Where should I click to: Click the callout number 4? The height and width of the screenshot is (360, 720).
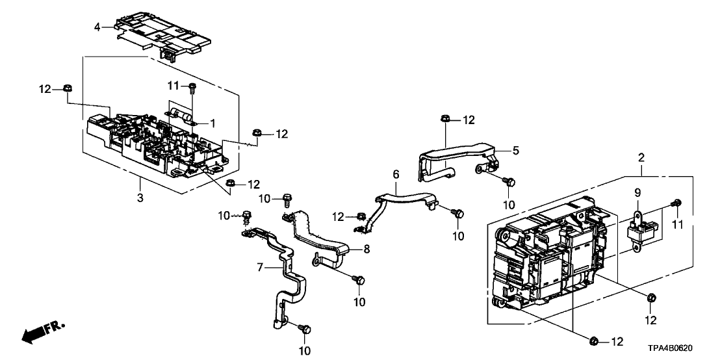(97, 27)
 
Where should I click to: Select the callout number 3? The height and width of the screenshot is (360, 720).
(140, 179)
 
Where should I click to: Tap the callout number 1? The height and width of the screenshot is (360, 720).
(212, 122)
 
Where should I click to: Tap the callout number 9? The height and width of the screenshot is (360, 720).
(637, 193)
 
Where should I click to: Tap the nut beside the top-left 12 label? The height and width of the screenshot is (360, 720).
(68, 88)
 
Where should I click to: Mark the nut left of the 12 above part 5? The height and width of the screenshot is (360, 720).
(444, 118)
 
